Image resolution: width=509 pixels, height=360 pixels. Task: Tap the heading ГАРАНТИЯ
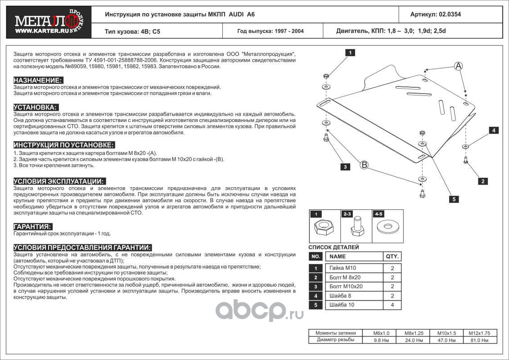pos(33,226)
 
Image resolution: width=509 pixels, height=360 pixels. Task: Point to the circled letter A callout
pos(458,66)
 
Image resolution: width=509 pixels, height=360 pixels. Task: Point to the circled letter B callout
pos(364,165)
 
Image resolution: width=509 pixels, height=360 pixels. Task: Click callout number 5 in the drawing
pos(455,199)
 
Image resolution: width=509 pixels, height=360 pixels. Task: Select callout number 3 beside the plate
pos(345,167)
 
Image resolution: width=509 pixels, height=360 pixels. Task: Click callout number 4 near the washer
pos(494,130)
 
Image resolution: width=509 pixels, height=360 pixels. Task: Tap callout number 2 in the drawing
pos(483,181)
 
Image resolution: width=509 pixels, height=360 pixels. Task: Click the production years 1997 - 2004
pos(270,31)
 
